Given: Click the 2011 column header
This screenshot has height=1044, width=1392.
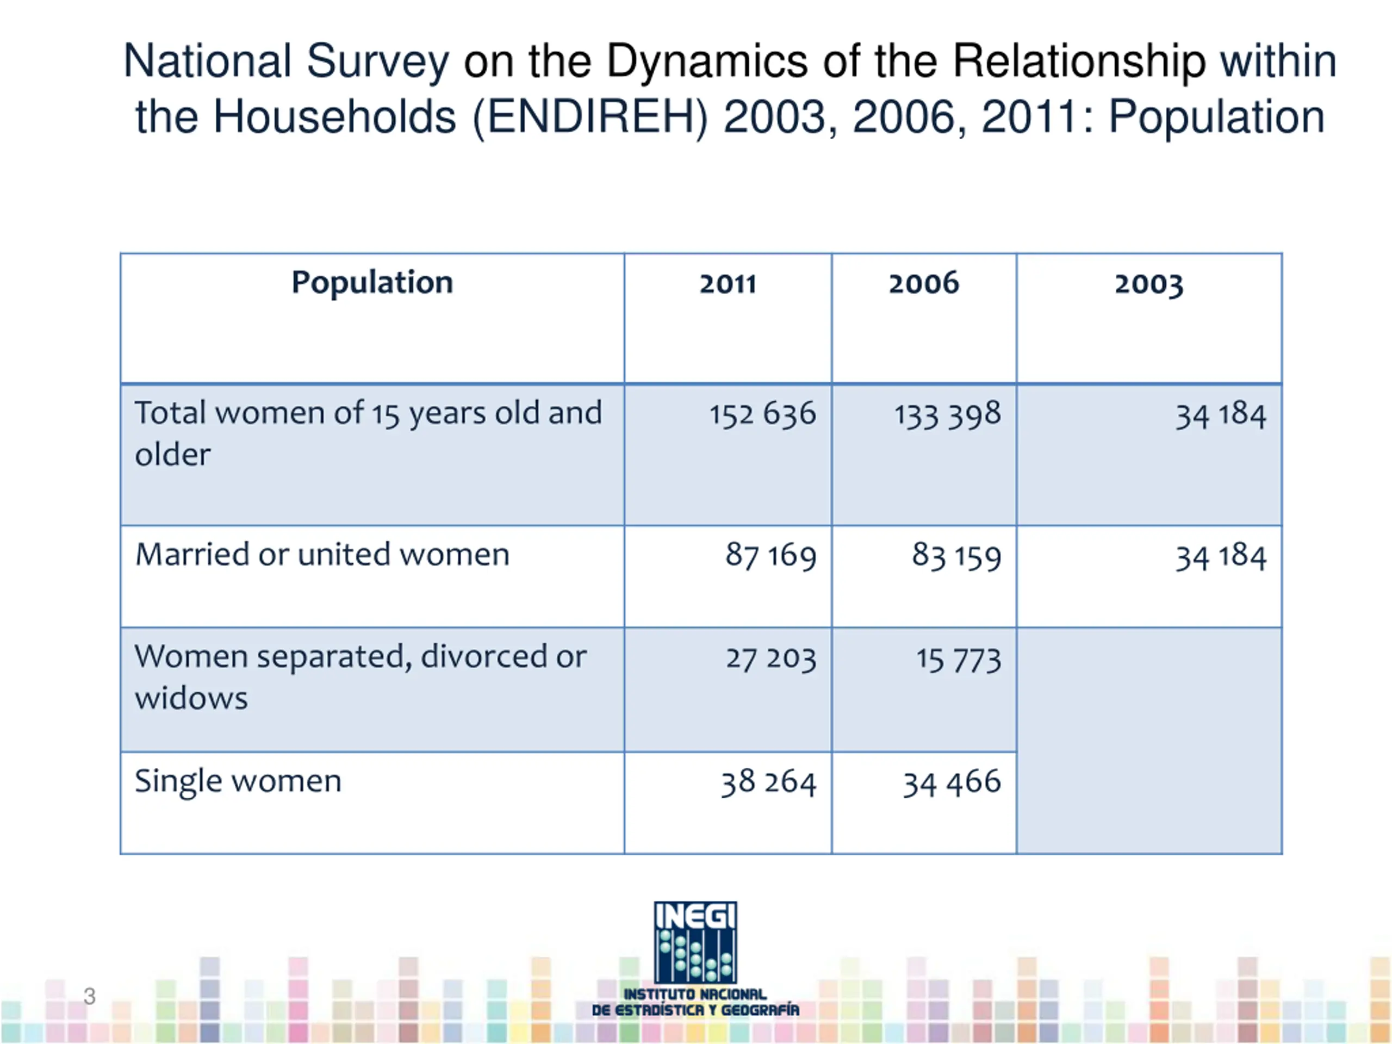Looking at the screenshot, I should pyautogui.click(x=728, y=284).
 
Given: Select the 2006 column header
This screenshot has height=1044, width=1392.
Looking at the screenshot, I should pyautogui.click(x=923, y=284).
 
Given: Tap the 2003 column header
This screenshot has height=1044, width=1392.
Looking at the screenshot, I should pyautogui.click(x=1148, y=284).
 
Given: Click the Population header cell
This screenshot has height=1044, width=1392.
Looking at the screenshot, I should pyautogui.click(x=372, y=283).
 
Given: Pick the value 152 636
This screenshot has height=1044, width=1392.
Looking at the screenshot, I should pyautogui.click(x=762, y=415).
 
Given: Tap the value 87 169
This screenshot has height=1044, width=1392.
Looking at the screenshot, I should pyautogui.click(x=770, y=556).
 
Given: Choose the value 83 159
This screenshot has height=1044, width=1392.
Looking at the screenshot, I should pyautogui.click(x=956, y=556).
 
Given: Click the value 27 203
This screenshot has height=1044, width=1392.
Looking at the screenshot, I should pyautogui.click(x=770, y=659).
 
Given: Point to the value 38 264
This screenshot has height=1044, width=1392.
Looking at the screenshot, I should pyautogui.click(x=768, y=783).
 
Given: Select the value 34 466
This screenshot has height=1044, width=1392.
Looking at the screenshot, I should pyautogui.click(x=952, y=783).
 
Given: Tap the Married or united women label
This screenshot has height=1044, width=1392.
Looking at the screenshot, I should pyautogui.click(x=322, y=555).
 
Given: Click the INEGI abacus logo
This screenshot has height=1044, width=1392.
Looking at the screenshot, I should pyautogui.click(x=695, y=943).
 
